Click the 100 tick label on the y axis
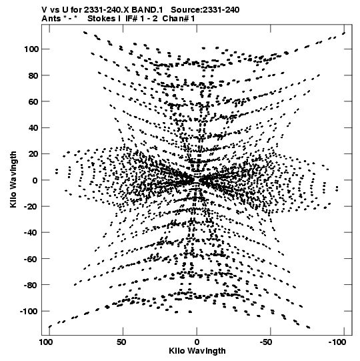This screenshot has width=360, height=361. [x=31, y=49]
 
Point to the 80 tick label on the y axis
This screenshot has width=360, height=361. [x=33, y=75]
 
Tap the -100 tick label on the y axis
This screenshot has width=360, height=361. [x=29, y=311]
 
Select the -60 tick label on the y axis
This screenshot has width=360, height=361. [x=31, y=259]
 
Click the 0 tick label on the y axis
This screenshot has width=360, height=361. [x=35, y=180]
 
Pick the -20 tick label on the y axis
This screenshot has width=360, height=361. [x=31, y=206]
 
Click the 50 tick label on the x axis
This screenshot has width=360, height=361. [x=121, y=342]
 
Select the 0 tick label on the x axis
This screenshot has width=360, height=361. [x=197, y=342]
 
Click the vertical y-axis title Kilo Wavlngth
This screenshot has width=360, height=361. [x=13, y=179]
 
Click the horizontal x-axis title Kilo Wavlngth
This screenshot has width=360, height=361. [x=197, y=351]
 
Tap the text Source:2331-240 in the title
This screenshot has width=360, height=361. [x=205, y=10]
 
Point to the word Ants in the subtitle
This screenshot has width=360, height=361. [x=51, y=19]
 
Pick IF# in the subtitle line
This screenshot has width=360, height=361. [x=131, y=19]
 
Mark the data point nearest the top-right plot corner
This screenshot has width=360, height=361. [x=344, y=33]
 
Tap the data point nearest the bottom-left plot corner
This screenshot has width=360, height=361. [x=50, y=326]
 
